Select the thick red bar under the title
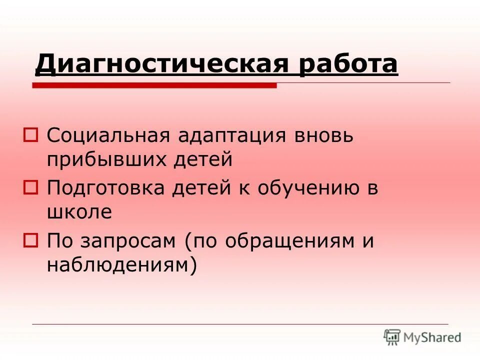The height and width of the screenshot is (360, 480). (154, 86)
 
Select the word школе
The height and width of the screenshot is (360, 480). (79, 212)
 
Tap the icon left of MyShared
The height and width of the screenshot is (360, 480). (392, 337)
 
